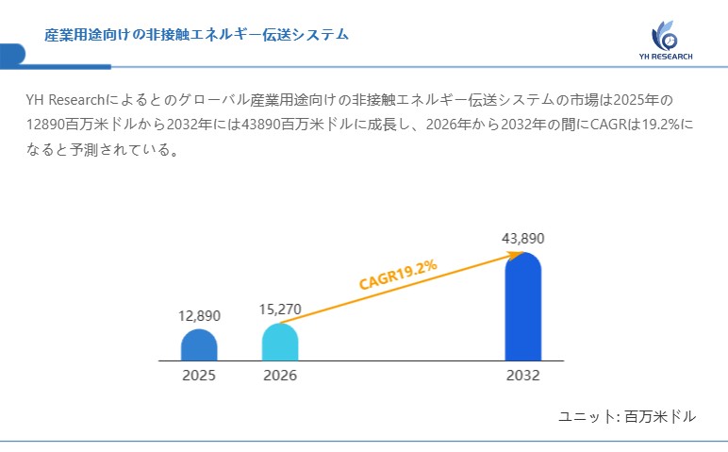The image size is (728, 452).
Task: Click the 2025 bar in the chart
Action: pyautogui.click(x=199, y=345)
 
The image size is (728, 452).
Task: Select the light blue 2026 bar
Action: pyautogui.click(x=280, y=343)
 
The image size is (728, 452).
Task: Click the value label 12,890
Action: pyautogui.click(x=199, y=315)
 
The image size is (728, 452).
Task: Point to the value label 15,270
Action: pyautogui.click(x=280, y=309)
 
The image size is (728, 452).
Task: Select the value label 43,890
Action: pyautogui.click(x=523, y=238)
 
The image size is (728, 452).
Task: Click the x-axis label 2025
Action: pyautogui.click(x=199, y=375)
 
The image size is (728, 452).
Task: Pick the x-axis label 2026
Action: pyautogui.click(x=280, y=375)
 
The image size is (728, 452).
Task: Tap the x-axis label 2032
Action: pyautogui.click(x=523, y=375)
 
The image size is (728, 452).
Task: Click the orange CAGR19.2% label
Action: pyautogui.click(x=398, y=274)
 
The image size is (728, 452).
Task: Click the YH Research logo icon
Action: pyautogui.click(x=665, y=37)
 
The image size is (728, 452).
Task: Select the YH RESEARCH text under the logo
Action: pyautogui.click(x=665, y=57)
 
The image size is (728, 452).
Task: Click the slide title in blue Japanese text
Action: pyautogui.click(x=197, y=34)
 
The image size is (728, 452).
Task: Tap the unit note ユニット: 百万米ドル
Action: pyautogui.click(x=627, y=416)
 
